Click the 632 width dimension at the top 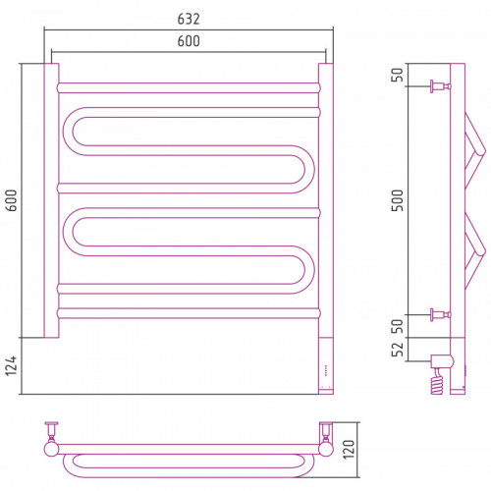(x=189, y=19)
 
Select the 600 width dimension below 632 (x=189, y=41)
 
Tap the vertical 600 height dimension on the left (x=12, y=200)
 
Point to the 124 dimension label (x=12, y=365)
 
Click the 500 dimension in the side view (x=398, y=200)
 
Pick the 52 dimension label (x=398, y=350)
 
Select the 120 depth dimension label (x=349, y=450)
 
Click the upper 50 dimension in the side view (x=398, y=75)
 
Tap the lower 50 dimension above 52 (x=398, y=326)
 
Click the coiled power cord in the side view (x=438, y=381)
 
